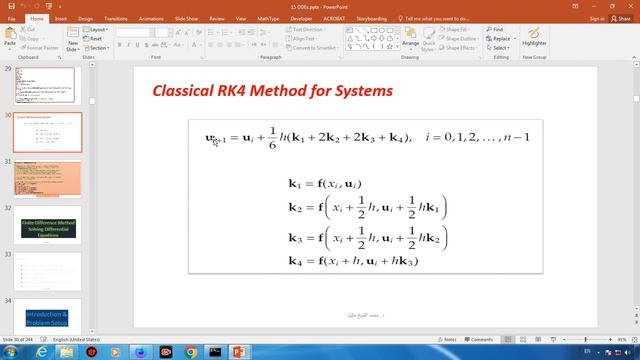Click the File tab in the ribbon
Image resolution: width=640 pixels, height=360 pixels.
(x=12, y=18)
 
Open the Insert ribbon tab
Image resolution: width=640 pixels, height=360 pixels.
(x=61, y=18)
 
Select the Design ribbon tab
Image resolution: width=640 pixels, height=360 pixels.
(x=85, y=18)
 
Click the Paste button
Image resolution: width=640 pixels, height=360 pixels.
(x=10, y=39)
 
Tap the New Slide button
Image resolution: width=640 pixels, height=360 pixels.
(x=73, y=42)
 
